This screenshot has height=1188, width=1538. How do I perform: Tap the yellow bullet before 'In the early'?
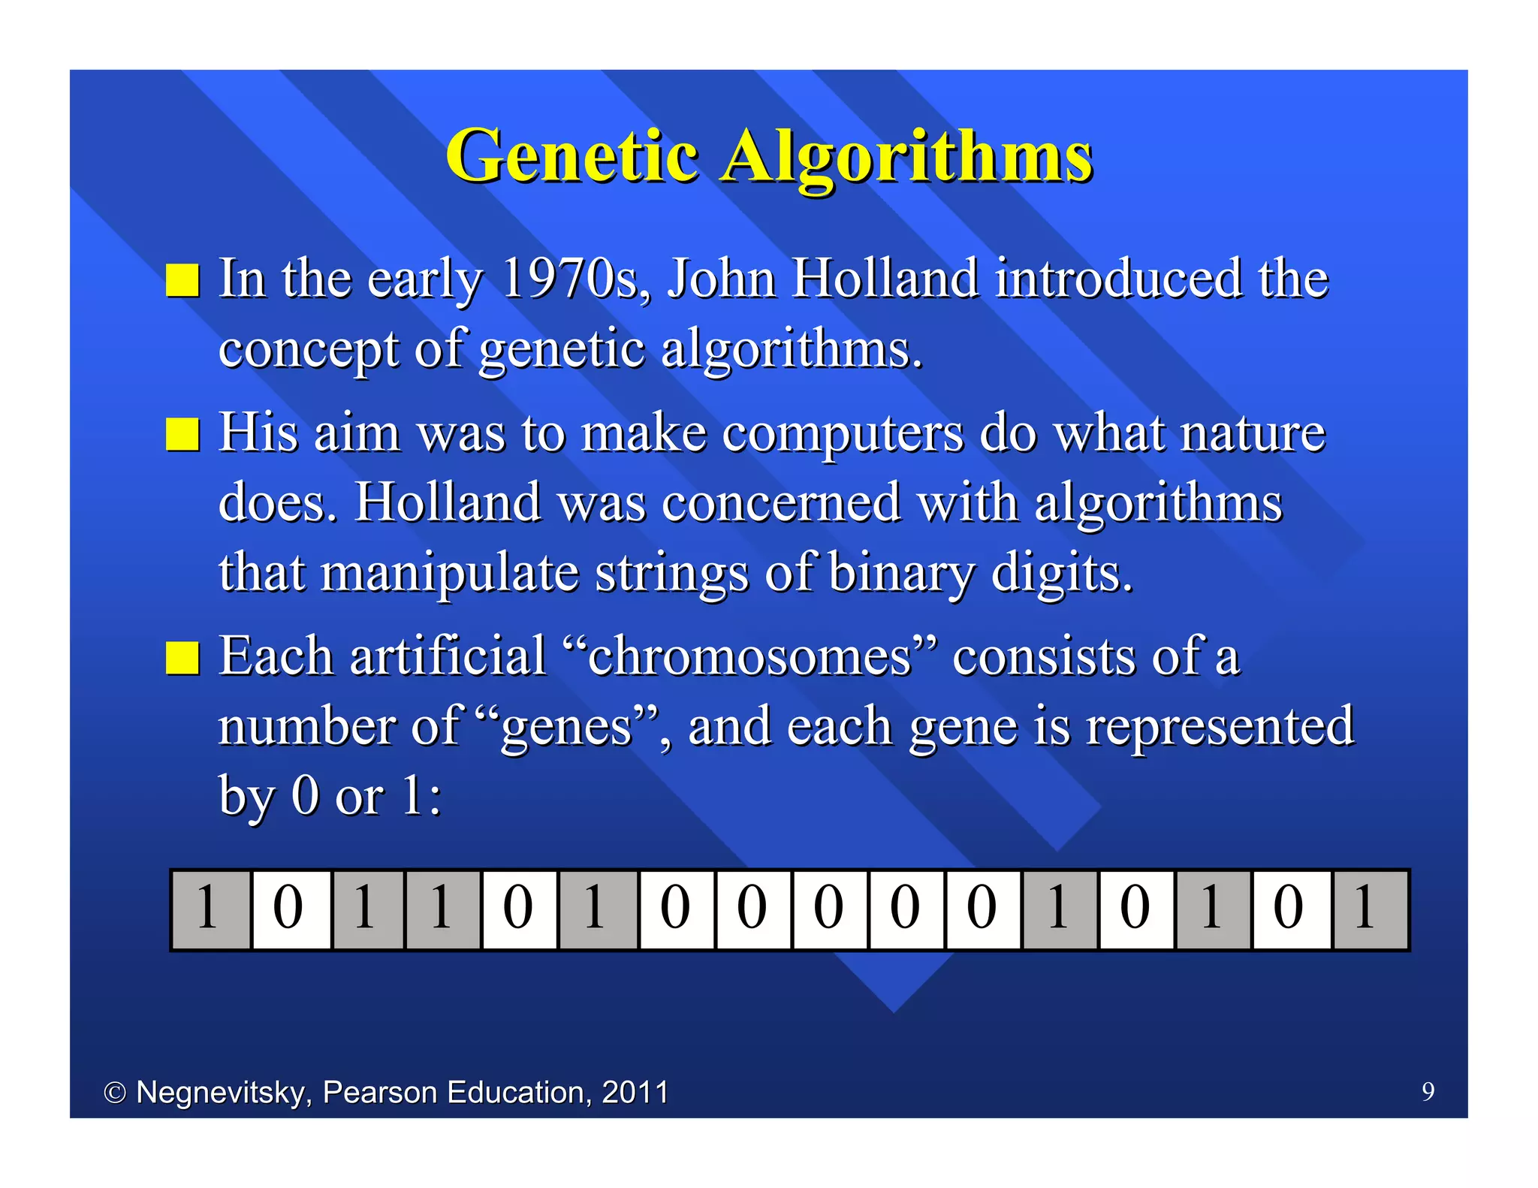pyautogui.click(x=182, y=281)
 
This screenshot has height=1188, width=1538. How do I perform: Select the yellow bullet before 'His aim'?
pyautogui.click(x=182, y=435)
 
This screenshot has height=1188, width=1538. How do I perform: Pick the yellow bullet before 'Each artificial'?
pyautogui.click(x=182, y=658)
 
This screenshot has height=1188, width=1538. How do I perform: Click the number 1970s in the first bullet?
pyautogui.click(x=575, y=279)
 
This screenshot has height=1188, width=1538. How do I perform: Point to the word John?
pyautogui.click(x=721, y=279)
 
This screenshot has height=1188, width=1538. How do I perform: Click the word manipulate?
pyautogui.click(x=450, y=573)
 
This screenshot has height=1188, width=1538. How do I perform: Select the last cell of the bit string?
pyautogui.click(x=1369, y=909)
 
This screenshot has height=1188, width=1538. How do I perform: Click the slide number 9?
pyautogui.click(x=1428, y=1091)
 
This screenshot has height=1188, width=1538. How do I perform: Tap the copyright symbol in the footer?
pyautogui.click(x=115, y=1093)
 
